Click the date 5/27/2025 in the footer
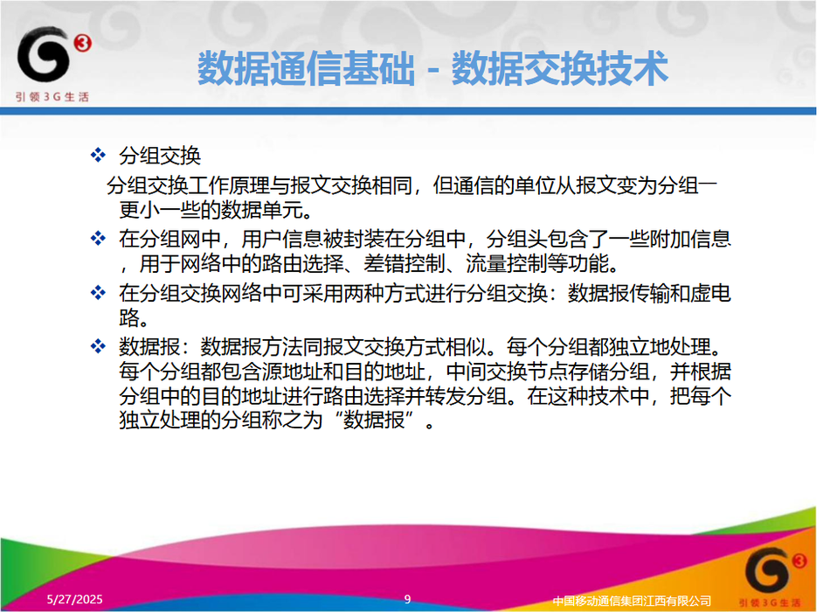(74, 599)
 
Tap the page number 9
(408, 599)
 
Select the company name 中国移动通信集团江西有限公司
(632, 601)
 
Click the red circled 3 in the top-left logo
(83, 42)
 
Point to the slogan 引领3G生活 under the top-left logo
(52, 97)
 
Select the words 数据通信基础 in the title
(306, 68)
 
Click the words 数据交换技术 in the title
(559, 68)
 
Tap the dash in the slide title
(433, 71)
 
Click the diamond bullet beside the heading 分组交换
(98, 156)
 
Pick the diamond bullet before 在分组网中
(98, 238)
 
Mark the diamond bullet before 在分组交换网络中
(98, 292)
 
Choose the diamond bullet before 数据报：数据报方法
(98, 346)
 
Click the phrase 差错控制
(405, 263)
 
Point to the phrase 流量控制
(507, 263)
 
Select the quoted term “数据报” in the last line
(374, 421)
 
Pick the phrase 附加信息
(690, 239)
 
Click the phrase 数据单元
(262, 211)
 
